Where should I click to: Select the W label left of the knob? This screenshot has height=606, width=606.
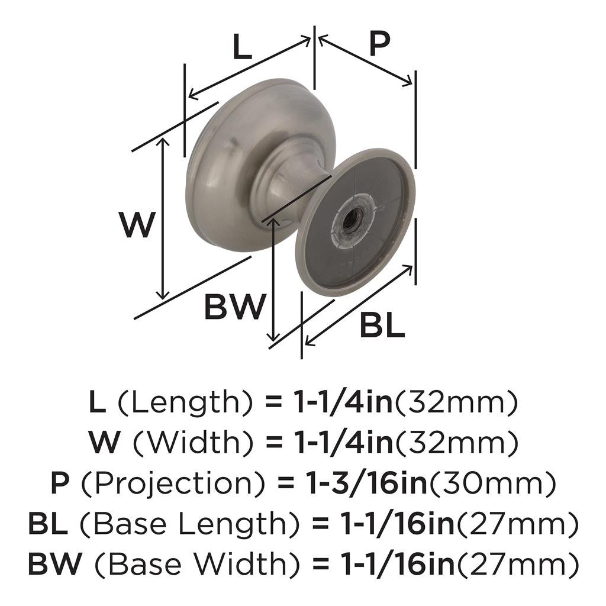(x=137, y=225)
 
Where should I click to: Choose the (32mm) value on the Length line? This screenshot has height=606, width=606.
(x=456, y=403)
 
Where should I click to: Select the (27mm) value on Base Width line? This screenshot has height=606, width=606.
(x=517, y=565)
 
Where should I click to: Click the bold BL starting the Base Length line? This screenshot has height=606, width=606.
(x=48, y=524)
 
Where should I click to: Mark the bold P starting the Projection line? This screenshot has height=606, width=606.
(x=60, y=484)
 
